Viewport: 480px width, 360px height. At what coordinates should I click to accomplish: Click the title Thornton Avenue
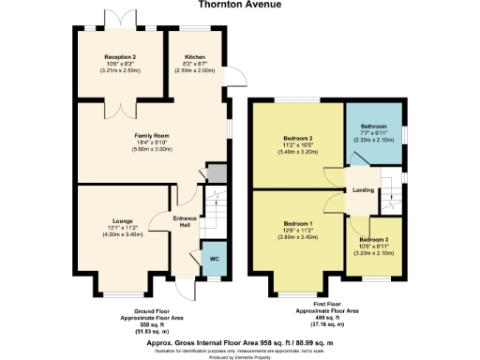[239, 10]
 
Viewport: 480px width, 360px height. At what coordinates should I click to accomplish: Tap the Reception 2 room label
[120, 56]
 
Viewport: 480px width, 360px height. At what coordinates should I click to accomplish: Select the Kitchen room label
[195, 56]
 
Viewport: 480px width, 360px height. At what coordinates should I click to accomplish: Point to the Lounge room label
[122, 221]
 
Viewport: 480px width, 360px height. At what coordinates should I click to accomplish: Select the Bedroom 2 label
[297, 140]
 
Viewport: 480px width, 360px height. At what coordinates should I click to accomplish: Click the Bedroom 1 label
[296, 224]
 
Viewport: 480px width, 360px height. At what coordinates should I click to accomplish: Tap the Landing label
[364, 190]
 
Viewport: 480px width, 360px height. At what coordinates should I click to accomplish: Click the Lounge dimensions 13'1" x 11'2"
[122, 228]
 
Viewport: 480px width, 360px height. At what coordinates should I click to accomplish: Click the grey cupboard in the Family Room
[217, 173]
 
